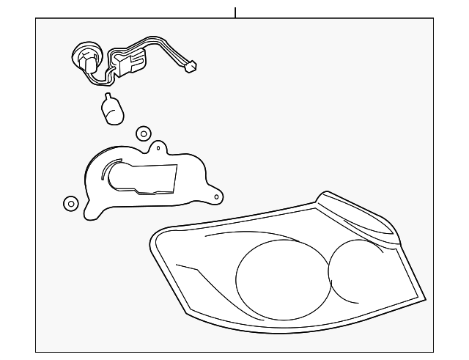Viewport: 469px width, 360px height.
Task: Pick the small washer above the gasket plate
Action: click(x=144, y=133)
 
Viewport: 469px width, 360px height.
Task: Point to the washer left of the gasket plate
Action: click(x=70, y=203)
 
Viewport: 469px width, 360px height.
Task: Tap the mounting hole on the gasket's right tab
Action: click(x=217, y=196)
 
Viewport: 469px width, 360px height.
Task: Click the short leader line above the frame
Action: click(x=235, y=12)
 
